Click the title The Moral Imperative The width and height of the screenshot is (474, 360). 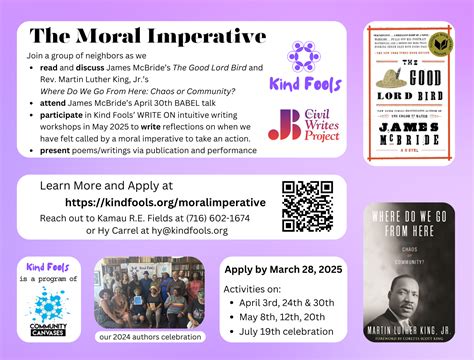pyautogui.click(x=147, y=36)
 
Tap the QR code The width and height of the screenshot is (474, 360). pyautogui.click(x=307, y=205)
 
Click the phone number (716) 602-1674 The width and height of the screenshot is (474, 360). pyautogui.click(x=214, y=217)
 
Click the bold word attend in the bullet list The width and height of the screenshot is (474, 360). pyautogui.click(x=52, y=104)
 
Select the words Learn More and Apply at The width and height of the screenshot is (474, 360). pyautogui.click(x=106, y=186)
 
